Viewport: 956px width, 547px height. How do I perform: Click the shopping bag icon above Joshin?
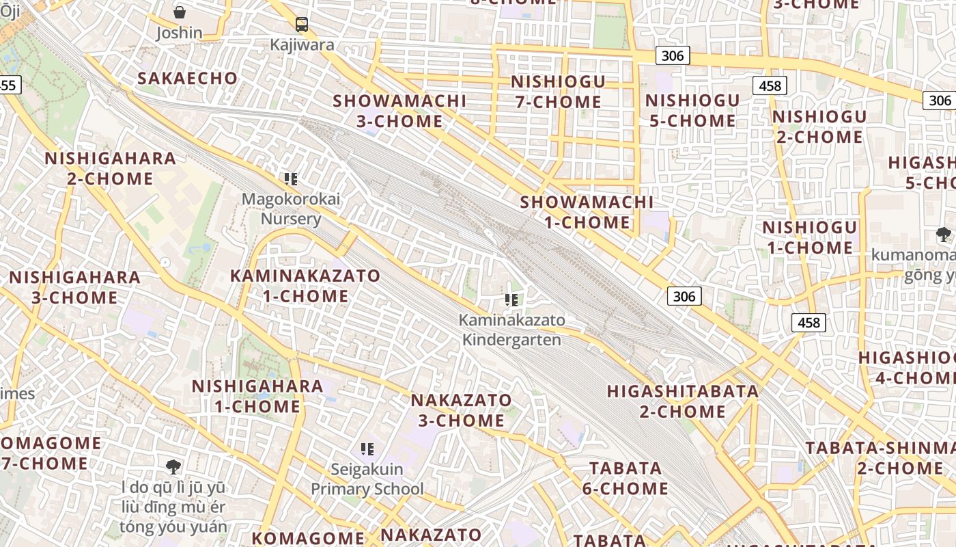(x=179, y=12)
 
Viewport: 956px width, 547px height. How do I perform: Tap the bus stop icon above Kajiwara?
(x=302, y=25)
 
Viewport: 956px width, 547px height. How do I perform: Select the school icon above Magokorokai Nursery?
(x=291, y=179)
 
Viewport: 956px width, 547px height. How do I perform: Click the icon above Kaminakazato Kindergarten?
(x=511, y=299)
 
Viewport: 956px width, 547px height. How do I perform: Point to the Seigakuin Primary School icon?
(x=367, y=449)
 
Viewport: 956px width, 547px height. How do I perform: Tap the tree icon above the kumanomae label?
(x=944, y=235)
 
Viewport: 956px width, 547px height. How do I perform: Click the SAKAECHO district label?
(x=187, y=78)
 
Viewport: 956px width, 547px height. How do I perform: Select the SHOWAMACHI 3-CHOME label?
(x=399, y=111)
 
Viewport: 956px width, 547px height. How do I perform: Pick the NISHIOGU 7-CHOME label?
(x=558, y=92)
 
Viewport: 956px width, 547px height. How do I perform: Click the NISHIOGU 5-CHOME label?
(x=692, y=110)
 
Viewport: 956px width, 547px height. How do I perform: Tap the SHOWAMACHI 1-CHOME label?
(x=587, y=212)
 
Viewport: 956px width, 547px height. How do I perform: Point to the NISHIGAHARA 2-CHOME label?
(x=110, y=168)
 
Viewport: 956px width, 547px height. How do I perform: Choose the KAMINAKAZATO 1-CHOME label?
(x=305, y=286)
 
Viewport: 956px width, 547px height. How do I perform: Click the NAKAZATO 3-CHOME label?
(x=461, y=410)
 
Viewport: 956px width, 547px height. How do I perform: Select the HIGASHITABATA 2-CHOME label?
(x=683, y=401)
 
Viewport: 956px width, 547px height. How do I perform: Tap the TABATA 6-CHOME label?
(x=625, y=478)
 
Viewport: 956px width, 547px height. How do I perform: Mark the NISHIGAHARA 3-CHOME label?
(x=74, y=287)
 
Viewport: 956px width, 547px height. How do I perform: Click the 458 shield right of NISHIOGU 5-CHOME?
(x=770, y=85)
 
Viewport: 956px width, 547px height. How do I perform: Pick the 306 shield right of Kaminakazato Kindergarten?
(x=684, y=296)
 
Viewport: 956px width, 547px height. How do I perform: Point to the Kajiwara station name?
(x=302, y=45)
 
